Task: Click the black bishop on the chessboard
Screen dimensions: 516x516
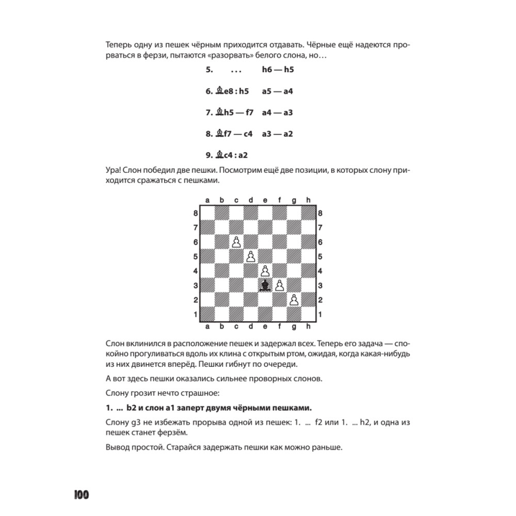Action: [x=265, y=285]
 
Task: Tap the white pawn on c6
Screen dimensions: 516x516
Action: [x=236, y=242]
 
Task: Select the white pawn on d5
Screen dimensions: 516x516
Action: [x=251, y=256]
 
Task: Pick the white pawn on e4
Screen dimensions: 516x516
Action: [x=265, y=270]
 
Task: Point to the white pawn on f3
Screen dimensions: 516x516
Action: [x=280, y=285]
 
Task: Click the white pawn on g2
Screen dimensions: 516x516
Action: [x=294, y=299]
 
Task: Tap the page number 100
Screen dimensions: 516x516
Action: [x=81, y=495]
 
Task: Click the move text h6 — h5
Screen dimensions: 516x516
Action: [x=278, y=70]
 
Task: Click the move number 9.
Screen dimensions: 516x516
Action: [x=209, y=154]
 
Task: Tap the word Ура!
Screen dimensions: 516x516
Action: [x=112, y=170]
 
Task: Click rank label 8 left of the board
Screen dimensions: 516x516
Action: [x=195, y=213]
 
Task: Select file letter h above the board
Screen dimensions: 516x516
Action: [x=308, y=200]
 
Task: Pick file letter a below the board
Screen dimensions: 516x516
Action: [x=207, y=326]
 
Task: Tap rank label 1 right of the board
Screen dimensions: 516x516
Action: [x=320, y=314]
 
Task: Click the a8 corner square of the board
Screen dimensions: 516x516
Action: [x=207, y=213]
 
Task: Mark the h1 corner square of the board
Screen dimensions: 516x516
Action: [x=309, y=313]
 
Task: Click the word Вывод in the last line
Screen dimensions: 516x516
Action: [x=118, y=446]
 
